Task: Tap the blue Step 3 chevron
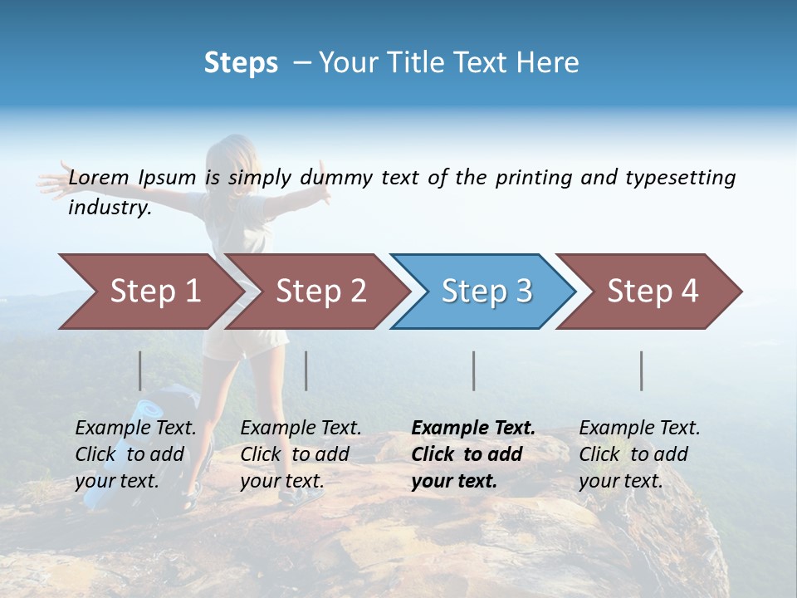(x=487, y=292)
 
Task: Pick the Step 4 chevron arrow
(x=653, y=292)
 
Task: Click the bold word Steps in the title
(x=241, y=63)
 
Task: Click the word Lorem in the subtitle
(x=98, y=178)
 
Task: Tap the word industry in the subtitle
(x=109, y=208)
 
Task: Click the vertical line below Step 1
(x=140, y=370)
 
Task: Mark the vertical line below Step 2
(x=306, y=370)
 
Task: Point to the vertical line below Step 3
(x=474, y=370)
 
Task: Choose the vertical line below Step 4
(x=642, y=370)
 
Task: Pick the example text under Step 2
(x=300, y=454)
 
